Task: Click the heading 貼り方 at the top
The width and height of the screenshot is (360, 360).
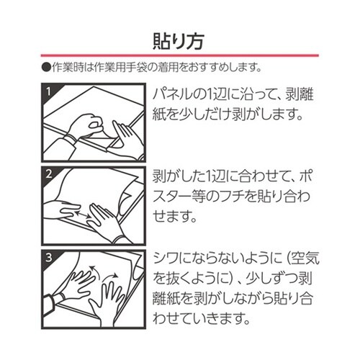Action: [180, 38]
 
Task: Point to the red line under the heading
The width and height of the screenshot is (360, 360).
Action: [180, 57]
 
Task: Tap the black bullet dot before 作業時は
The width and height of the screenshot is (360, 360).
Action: [45, 68]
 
